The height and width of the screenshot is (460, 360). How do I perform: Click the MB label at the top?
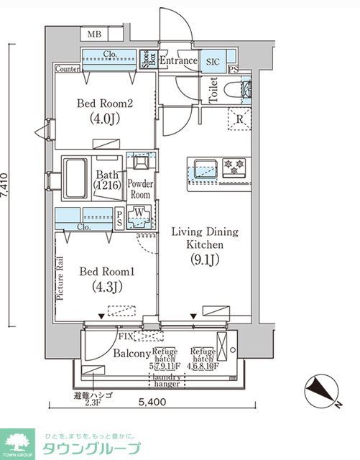[94, 34]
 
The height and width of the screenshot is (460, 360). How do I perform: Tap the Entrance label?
[177, 61]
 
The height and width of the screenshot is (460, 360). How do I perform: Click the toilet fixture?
[237, 91]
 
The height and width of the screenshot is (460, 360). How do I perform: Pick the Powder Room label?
[139, 189]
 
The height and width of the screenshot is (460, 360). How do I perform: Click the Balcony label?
[131, 354]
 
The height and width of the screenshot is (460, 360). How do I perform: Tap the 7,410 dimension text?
[6, 185]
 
